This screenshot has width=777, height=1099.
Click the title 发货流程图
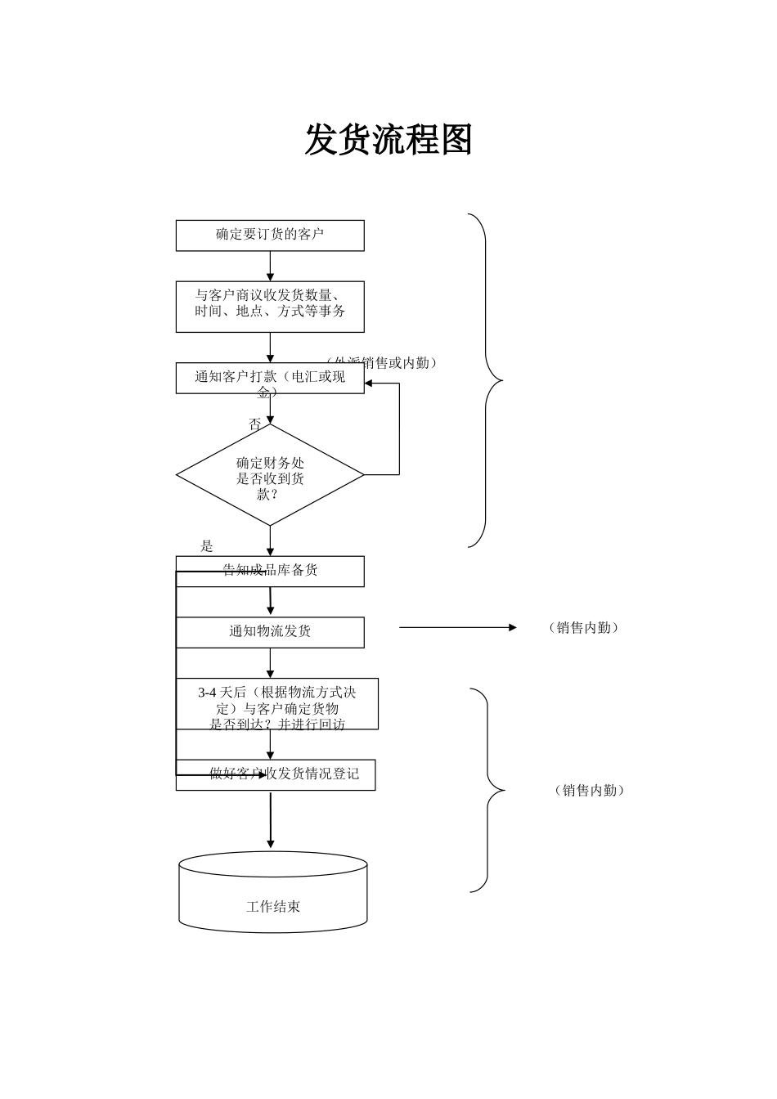click(388, 140)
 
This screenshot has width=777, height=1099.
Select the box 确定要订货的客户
click(270, 235)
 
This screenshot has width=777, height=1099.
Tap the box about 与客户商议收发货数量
click(270, 306)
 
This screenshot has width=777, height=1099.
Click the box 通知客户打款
click(270, 379)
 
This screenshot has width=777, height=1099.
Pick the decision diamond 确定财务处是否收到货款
click(270, 475)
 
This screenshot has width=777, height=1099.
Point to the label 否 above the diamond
click(255, 424)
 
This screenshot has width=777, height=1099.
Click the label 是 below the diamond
click(207, 546)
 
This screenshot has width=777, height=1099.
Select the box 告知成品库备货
click(270, 571)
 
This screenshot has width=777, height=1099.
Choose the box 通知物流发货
click(270, 632)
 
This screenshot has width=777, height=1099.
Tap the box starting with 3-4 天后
click(277, 703)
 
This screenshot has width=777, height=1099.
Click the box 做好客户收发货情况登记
click(276, 774)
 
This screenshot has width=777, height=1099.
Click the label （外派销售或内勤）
click(382, 362)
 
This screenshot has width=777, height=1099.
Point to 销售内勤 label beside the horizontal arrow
click(584, 628)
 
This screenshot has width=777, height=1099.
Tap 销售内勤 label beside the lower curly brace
click(590, 791)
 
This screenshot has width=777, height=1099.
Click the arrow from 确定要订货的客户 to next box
click(270, 266)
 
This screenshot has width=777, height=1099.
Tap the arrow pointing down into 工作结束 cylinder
click(271, 821)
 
